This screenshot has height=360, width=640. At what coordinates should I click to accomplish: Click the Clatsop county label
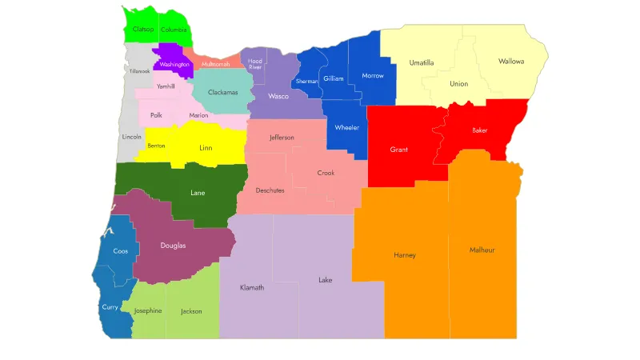[143, 30]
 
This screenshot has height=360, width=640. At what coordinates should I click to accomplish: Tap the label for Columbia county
[174, 30]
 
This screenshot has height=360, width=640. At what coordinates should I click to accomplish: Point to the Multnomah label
[215, 64]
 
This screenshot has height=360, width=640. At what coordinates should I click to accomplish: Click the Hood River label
[255, 64]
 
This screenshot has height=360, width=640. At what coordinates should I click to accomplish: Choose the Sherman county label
[306, 81]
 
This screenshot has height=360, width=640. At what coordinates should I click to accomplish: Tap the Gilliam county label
[333, 78]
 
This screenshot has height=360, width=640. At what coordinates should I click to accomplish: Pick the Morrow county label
[373, 76]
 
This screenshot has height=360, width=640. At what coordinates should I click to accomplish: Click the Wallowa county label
[511, 61]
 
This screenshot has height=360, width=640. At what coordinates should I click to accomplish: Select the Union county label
[458, 83]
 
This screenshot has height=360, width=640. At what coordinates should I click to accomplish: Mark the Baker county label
[479, 130]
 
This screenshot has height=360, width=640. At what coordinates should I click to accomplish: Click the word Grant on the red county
[399, 150]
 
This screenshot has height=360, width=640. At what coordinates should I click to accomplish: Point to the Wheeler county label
[347, 127]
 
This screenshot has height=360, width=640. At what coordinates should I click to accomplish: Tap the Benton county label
[157, 146]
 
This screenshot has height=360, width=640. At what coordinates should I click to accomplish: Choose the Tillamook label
[140, 71]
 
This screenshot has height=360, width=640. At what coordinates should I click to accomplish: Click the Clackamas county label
[223, 92]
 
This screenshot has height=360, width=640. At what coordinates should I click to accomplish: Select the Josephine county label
[148, 310]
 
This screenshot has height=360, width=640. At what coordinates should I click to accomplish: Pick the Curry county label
[110, 306]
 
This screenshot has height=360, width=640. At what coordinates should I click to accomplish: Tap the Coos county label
[120, 250]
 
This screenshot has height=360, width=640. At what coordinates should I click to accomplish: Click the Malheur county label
[482, 250]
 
